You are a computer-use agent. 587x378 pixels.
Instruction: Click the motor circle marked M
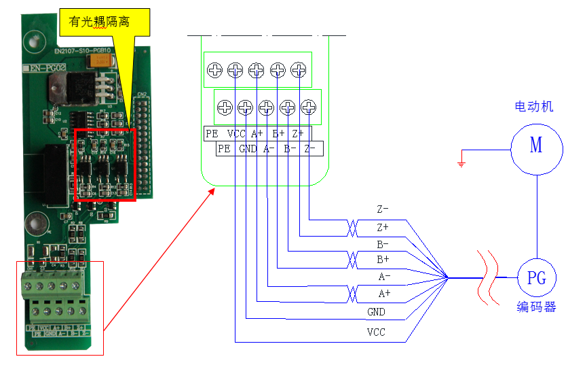pos(536,146)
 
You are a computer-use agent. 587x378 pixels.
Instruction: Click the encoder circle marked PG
pos(537,277)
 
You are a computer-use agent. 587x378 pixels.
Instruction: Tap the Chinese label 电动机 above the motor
pos(534,107)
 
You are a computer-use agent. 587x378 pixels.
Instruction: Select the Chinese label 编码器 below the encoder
pos(536,307)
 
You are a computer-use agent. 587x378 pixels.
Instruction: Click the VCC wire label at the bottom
pos(376,333)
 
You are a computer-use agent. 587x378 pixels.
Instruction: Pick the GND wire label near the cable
pos(376,311)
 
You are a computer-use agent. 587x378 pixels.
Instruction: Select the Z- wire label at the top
pos(383,209)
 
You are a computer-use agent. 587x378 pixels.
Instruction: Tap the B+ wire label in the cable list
pos(383,259)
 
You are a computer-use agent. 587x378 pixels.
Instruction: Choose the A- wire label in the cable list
pos(384,277)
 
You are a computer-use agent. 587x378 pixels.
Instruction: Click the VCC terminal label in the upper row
pos(236,134)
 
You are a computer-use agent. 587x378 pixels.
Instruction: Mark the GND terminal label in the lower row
pos(247,148)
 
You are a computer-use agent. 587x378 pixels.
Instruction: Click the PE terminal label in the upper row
pos(212,134)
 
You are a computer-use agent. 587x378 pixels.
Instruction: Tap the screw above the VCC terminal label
pos(235,69)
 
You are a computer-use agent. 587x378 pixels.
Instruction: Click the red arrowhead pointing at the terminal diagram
pos(212,190)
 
